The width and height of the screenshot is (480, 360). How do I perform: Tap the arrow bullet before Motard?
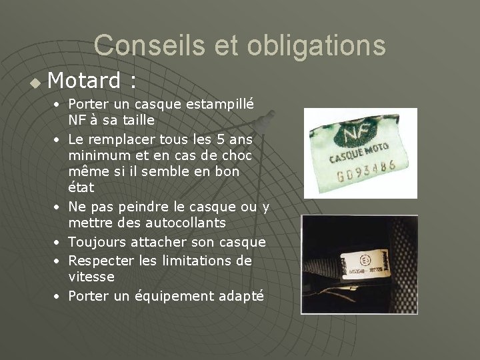point(35,83)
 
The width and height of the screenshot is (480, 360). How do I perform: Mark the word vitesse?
point(91,277)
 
